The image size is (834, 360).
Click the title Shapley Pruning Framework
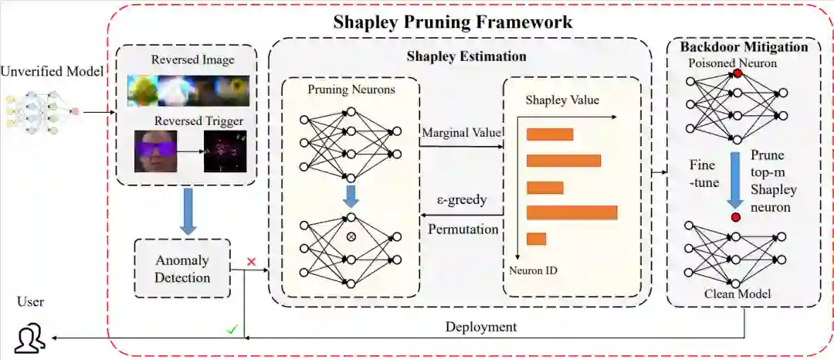[453, 21]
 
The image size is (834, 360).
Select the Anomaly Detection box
[182, 268]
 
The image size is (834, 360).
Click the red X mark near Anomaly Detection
[251, 262]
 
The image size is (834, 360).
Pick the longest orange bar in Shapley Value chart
[571, 212]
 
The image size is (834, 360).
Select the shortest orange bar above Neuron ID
[536, 239]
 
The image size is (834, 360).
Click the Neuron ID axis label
[533, 270]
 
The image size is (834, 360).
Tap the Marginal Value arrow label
[461, 133]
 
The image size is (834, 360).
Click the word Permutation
[463, 229]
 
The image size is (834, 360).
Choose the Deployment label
[480, 327]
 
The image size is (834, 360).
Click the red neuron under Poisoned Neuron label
[737, 73]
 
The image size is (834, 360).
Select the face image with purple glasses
[155, 151]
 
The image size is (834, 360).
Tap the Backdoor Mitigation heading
[744, 47]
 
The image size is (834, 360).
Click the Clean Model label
[737, 294]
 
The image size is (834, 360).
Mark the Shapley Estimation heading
[466, 56]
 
